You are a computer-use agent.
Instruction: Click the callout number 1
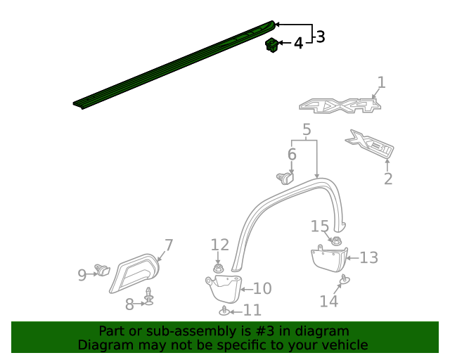tap(381, 83)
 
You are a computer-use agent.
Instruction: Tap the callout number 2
tap(388, 179)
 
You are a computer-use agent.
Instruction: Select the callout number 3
tap(320, 37)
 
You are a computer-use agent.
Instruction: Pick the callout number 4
tap(298, 44)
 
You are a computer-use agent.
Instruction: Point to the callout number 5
tap(307, 129)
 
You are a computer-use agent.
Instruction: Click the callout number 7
tap(169, 245)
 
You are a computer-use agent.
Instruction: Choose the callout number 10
tap(262, 288)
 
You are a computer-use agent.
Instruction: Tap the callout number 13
tap(368, 258)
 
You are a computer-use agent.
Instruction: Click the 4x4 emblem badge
tap(340, 106)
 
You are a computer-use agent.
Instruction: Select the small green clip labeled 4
tap(271, 46)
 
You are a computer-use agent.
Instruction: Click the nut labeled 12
tap(218, 267)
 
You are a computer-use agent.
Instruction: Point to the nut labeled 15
tap(336, 241)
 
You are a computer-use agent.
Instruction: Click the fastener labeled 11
tap(224, 310)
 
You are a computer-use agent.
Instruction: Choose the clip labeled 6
tap(285, 176)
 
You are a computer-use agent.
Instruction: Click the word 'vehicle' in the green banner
tap(344, 345)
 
